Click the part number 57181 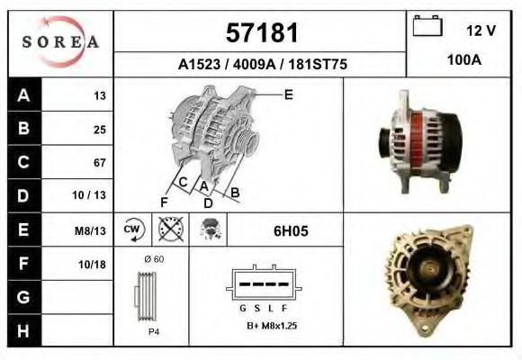260,33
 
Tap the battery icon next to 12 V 426,27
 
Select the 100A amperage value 464,60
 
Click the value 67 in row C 99,163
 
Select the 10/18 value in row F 94,264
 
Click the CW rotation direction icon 132,230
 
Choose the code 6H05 291,231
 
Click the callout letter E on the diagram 288,94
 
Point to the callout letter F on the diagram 164,200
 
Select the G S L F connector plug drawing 260,286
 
